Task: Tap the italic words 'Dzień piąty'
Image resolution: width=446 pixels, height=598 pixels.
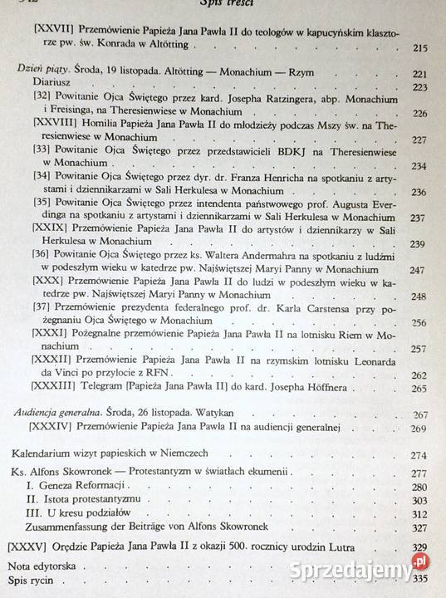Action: coord(38,71)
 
